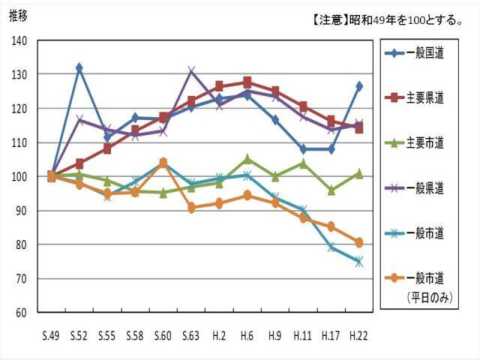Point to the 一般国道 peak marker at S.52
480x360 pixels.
tap(79, 67)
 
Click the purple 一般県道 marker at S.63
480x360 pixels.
tap(191, 71)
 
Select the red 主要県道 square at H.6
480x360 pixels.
tap(247, 82)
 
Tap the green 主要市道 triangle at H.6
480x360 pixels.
tap(247, 159)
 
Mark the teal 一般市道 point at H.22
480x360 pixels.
tap(358, 262)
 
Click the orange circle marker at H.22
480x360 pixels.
tap(358, 242)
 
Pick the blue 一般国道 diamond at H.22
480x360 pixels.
tap(358, 86)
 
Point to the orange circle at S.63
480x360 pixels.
tap(191, 208)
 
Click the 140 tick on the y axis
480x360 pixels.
tap(21, 40)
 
